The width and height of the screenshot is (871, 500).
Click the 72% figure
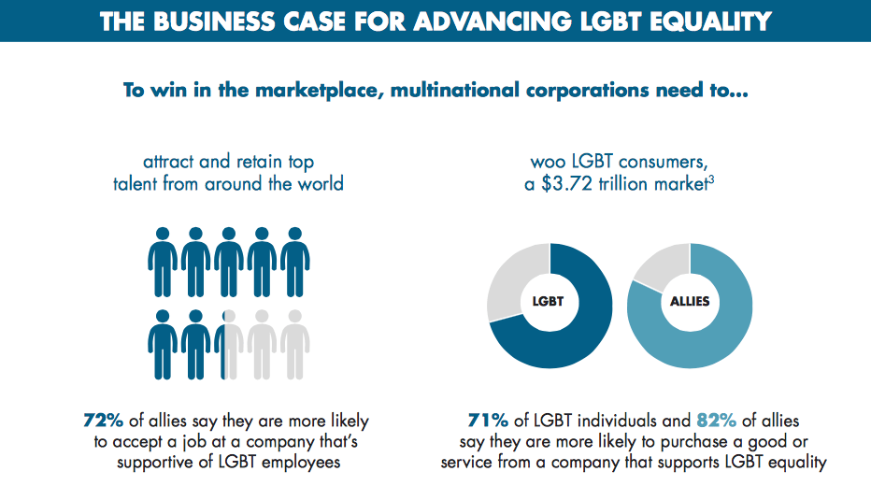[103, 421]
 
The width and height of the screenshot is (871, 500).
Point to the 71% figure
[487, 421]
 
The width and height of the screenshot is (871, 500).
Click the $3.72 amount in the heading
[568, 184]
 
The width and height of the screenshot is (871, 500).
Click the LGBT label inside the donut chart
[549, 302]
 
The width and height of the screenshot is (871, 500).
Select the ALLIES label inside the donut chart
[690, 302]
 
